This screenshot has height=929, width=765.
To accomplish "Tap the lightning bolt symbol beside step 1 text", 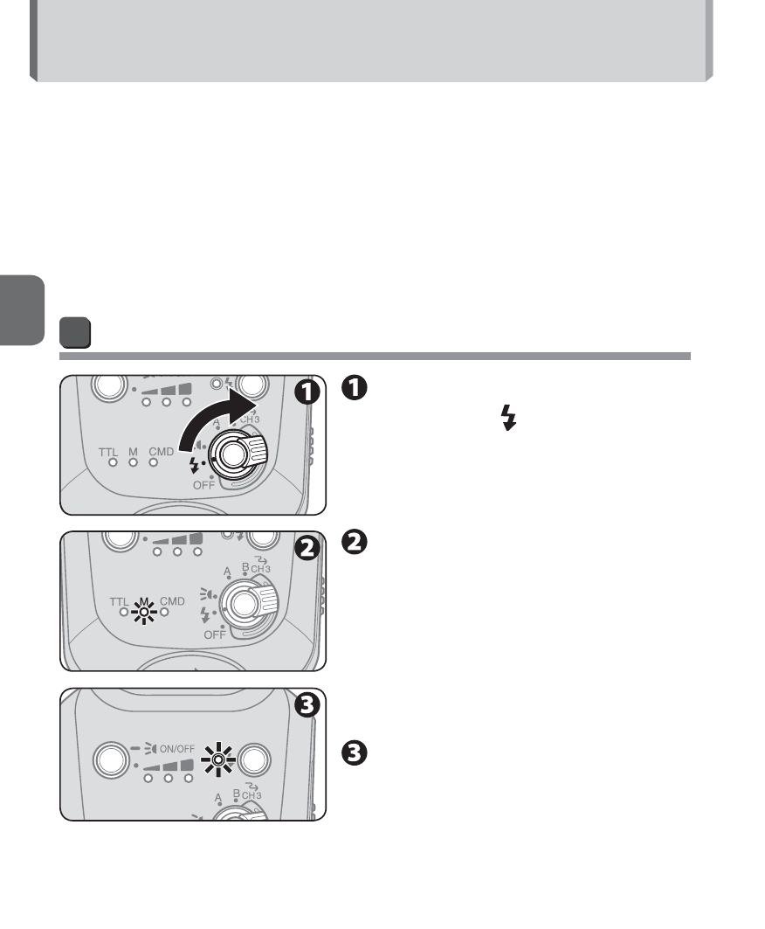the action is pos(508,418).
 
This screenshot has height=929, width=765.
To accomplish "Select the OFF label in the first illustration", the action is pos(203,485).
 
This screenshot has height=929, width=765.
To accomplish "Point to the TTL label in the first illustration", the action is pos(108,452).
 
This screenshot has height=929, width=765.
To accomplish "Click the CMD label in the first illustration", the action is pos(161,452).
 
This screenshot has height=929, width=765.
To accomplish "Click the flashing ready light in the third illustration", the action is pos(218,759).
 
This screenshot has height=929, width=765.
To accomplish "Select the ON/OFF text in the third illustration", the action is pos(177,749).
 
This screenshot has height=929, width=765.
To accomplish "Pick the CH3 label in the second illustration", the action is pos(260,569).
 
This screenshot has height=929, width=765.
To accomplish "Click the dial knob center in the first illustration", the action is pos(232,454).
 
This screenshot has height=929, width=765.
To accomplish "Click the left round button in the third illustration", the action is pos(111,759).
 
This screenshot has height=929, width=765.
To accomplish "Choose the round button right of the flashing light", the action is pos(253,759).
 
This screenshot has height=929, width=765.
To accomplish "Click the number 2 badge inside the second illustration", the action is pos(307,548).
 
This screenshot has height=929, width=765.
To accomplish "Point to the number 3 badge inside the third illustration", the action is pos(307,705).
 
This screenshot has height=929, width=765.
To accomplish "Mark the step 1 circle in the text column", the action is pos(354,387).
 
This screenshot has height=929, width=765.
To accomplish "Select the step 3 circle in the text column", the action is pos(354,753).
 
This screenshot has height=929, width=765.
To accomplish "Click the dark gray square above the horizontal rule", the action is pos(75,332).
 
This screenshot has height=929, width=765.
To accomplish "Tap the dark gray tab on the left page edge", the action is pos(22,310).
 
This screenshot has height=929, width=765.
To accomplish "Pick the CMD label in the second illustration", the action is pos(172,600).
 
